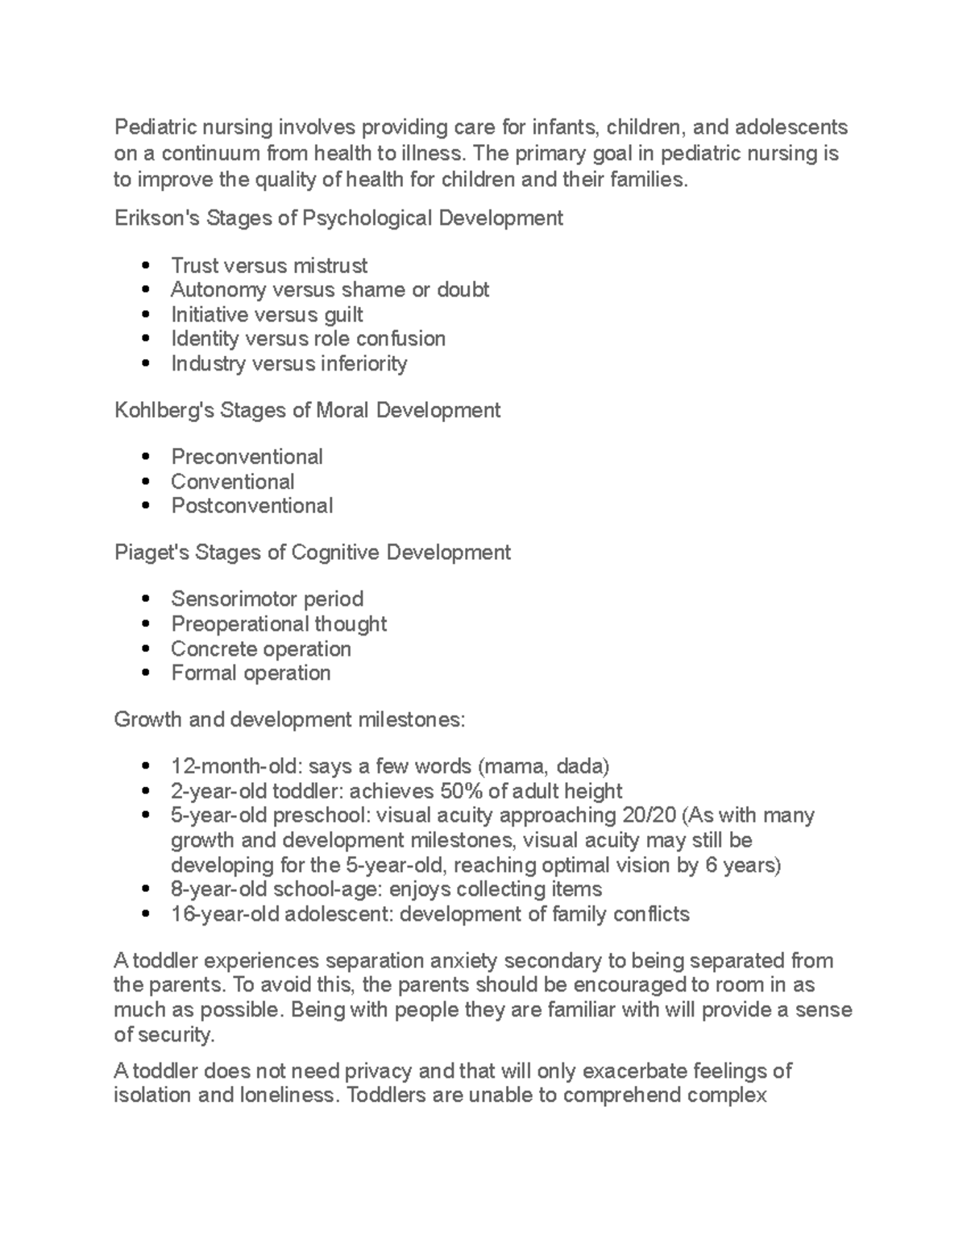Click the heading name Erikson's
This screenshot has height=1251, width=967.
click(157, 218)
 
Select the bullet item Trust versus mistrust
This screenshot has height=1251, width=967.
click(268, 266)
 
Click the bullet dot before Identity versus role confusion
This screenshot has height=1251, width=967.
click(145, 339)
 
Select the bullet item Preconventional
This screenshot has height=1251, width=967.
click(247, 458)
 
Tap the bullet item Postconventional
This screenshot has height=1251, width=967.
click(251, 506)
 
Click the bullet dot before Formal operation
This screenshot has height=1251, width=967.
click(145, 673)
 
